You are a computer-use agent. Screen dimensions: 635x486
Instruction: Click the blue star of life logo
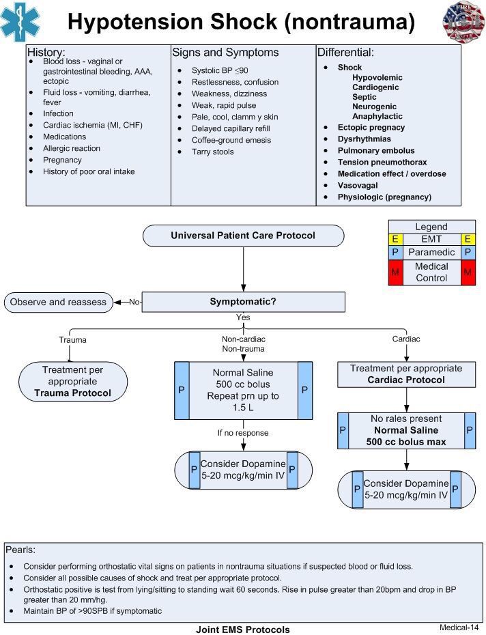coord(20,22)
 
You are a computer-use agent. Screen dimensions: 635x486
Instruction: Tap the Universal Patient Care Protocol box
coord(243,236)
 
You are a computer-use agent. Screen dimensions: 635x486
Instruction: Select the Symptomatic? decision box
coord(243,302)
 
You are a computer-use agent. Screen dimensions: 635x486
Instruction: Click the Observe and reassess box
coord(58,302)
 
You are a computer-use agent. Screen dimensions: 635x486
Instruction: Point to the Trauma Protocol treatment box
coord(73,382)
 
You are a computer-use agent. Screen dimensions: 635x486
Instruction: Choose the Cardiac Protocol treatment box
coord(406,374)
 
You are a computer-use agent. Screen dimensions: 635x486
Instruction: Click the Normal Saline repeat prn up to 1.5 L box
coord(243,391)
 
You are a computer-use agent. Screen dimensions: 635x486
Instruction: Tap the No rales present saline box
coord(406,430)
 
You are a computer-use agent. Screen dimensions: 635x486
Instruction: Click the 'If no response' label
coord(243,433)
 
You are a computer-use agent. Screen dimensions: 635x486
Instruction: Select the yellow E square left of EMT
coord(395,239)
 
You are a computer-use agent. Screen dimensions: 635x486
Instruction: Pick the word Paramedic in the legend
coord(431,252)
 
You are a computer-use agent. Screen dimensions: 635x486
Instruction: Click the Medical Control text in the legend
coord(431,272)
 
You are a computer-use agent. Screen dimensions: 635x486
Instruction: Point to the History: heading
coord(46,52)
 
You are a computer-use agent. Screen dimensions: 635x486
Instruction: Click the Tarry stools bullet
coord(212,152)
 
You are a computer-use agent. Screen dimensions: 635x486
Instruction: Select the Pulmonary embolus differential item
coord(376,150)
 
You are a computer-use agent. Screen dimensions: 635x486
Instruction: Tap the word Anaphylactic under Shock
coord(377,116)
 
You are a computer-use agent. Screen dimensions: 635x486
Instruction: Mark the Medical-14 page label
coord(459,627)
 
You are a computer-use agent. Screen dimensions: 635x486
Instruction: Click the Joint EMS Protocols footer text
coord(243,630)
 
